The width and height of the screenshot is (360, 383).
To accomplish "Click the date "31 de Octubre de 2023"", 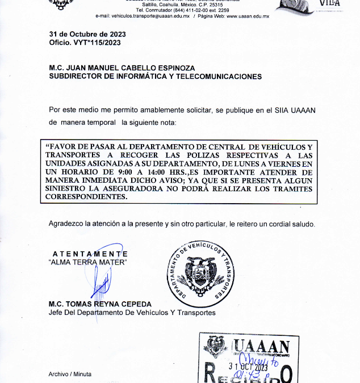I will [87, 34].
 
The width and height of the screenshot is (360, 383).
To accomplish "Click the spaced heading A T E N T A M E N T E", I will [90, 254].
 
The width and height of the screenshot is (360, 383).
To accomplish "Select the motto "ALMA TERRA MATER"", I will [88, 262].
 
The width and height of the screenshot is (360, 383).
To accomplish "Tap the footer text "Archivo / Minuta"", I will [69, 374].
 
